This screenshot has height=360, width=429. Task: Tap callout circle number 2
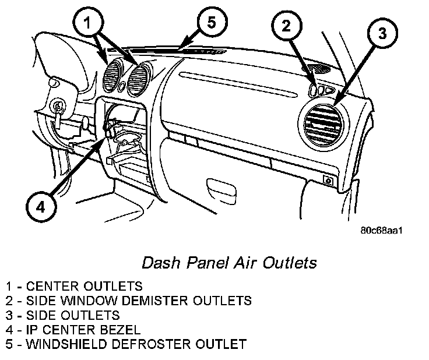pyautogui.click(x=287, y=26)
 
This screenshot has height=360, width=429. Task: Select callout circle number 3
pyautogui.click(x=381, y=34)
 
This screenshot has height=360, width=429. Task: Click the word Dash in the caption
pyautogui.click(x=158, y=263)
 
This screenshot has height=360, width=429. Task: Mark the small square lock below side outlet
pyautogui.click(x=329, y=181)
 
